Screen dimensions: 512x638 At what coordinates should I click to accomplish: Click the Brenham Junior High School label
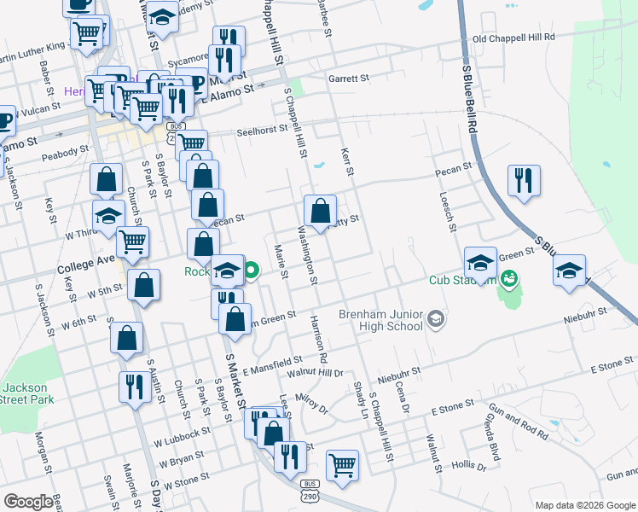point(380,318)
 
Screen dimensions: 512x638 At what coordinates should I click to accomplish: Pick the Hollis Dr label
point(469,467)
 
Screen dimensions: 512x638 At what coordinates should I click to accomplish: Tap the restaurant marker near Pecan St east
point(523,181)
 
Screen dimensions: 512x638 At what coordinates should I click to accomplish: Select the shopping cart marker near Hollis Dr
point(342,465)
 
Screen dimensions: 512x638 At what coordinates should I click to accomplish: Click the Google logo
point(27,502)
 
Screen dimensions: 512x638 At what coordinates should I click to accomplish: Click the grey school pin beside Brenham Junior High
point(436,319)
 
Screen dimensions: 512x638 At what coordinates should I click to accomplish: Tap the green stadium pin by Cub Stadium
point(509,278)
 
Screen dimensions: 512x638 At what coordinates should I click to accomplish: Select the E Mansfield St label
point(272,365)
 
